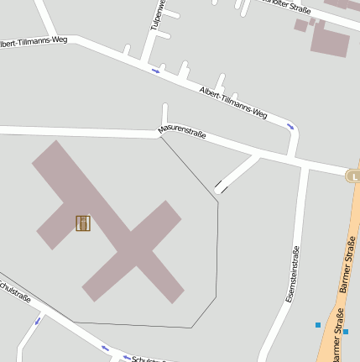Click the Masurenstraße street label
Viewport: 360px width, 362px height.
(x=182, y=132)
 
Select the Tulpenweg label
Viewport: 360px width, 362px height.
(x=156, y=17)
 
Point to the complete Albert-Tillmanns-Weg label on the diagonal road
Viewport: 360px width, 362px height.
(x=233, y=102)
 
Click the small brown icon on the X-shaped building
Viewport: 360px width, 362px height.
(x=83, y=223)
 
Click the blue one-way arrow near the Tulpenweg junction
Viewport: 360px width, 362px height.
(x=155, y=71)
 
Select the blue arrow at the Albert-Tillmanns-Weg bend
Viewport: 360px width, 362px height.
(x=290, y=126)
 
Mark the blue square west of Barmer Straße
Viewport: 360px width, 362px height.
(x=318, y=324)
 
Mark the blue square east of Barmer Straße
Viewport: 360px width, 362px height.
(x=346, y=331)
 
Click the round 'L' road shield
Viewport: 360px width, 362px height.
(x=354, y=176)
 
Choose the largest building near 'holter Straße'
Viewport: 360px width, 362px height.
(x=329, y=39)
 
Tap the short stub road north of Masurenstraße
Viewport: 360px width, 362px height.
(x=165, y=115)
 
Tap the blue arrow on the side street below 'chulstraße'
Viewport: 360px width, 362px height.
(x=37, y=321)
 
